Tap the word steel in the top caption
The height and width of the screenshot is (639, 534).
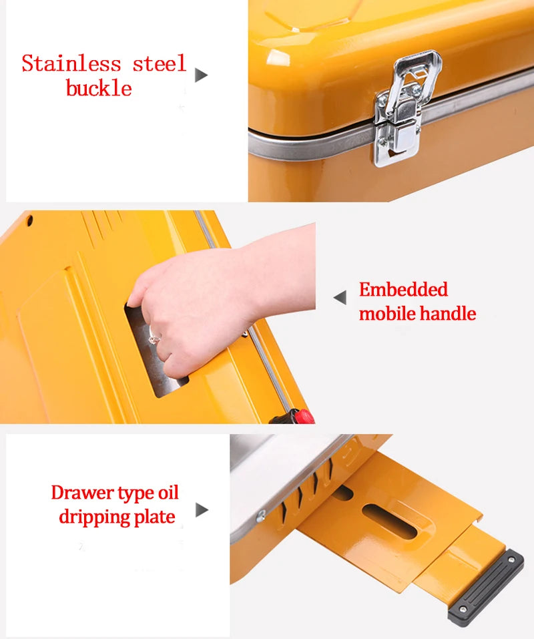pyautogui.click(x=159, y=64)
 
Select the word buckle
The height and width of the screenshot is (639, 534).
pyautogui.click(x=99, y=88)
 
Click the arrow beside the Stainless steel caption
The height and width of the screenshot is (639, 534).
pyautogui.click(x=201, y=75)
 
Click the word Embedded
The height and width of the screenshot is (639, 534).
pyautogui.click(x=403, y=290)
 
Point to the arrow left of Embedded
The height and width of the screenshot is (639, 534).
pyautogui.click(x=340, y=298)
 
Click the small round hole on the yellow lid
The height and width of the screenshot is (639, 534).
pyautogui.click(x=29, y=220)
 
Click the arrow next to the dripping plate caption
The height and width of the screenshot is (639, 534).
pyautogui.click(x=202, y=510)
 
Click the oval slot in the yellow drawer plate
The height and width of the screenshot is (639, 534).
pyautogui.click(x=390, y=521)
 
